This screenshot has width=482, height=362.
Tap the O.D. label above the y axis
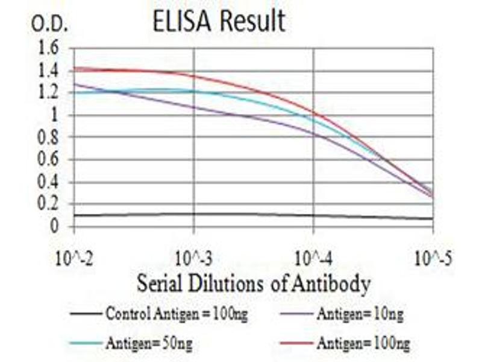50,25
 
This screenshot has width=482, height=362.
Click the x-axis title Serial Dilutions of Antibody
253,284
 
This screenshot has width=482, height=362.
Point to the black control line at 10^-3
194,214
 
